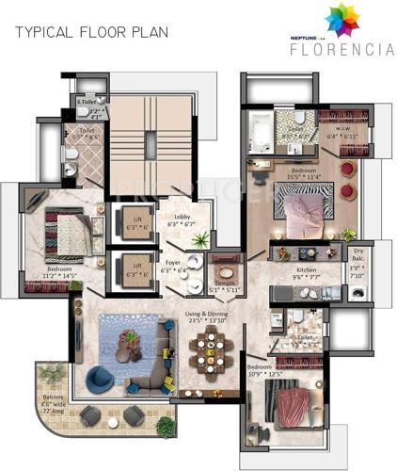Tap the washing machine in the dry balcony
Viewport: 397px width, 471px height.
pyautogui.click(x=357, y=293)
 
